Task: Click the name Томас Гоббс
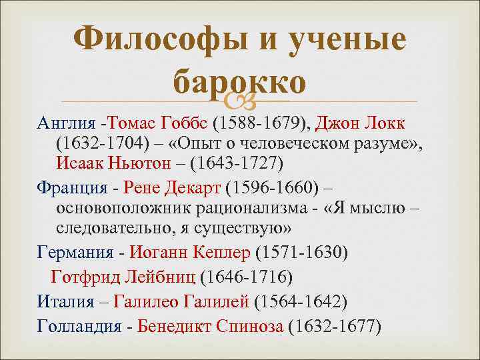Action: tap(161, 124)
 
